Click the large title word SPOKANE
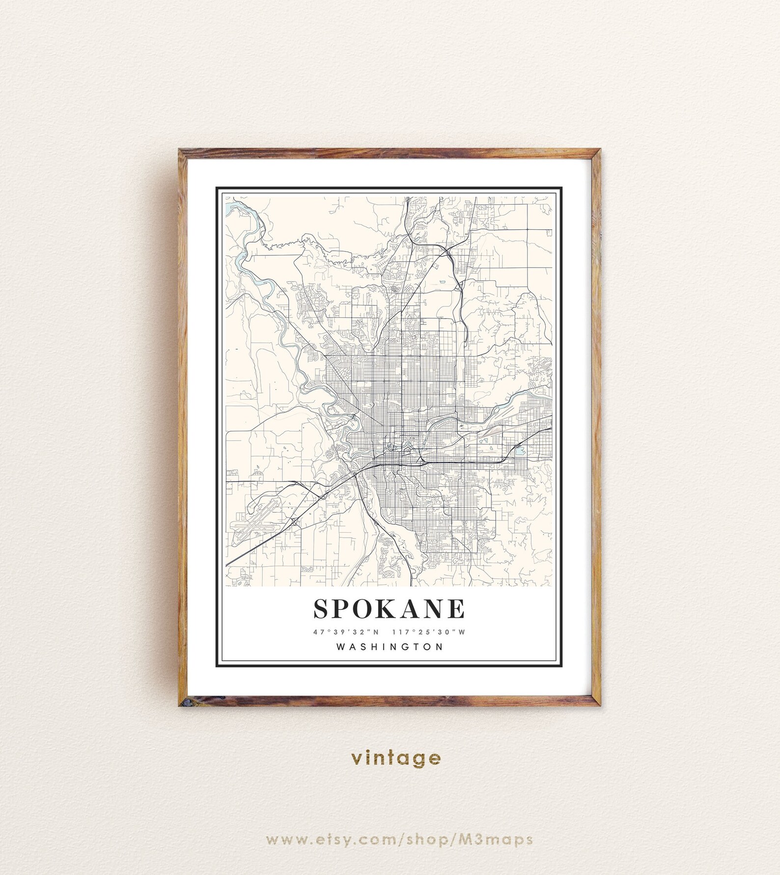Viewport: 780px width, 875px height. (x=389, y=609)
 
